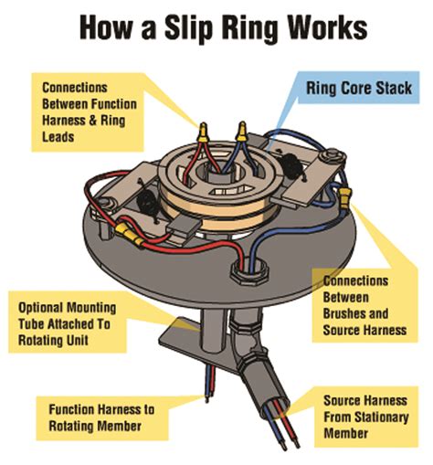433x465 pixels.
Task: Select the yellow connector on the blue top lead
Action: [241, 133]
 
